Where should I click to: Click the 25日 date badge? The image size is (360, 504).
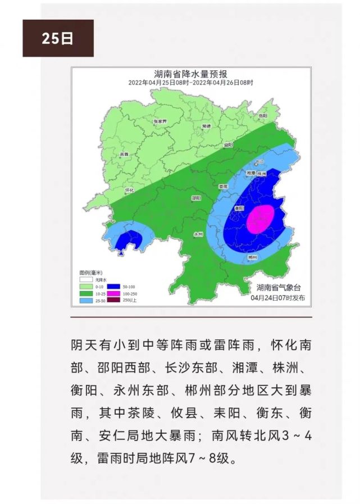click(58, 38)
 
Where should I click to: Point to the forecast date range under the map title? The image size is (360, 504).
click(190, 83)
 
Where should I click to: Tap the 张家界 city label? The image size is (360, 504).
click(160, 121)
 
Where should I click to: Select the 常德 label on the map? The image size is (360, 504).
click(206, 126)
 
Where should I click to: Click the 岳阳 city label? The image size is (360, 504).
click(263, 116)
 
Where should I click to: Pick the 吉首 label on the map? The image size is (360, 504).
click(124, 154)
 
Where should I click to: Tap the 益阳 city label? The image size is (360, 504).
click(228, 146)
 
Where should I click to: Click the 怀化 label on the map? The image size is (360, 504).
click(129, 191)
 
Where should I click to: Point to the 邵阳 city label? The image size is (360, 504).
click(196, 198)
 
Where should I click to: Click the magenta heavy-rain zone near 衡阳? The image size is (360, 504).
click(261, 219)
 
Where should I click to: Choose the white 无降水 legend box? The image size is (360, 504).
click(85, 279)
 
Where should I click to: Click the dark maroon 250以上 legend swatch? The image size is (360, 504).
click(115, 299)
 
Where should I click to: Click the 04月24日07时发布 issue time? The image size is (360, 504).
click(279, 298)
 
